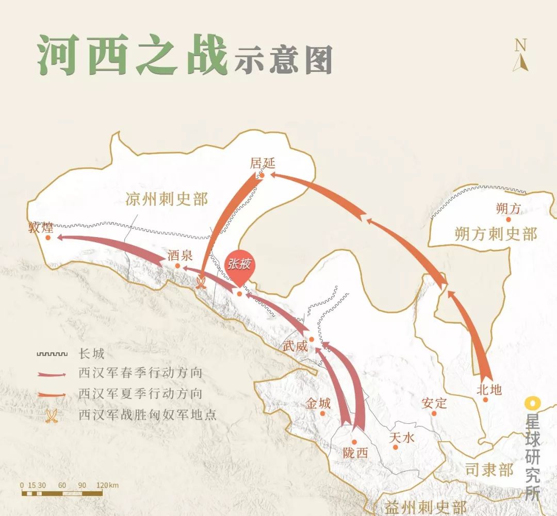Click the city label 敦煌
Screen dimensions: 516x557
(41, 227)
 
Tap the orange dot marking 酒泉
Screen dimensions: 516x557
(177, 266)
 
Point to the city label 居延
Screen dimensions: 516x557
(263, 163)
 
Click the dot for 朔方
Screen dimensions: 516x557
(508, 220)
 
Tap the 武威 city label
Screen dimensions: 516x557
(296, 346)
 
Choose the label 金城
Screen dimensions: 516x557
(318, 404)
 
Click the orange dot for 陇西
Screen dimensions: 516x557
(354, 442)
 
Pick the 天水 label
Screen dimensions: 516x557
(402, 438)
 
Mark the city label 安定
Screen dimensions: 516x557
(433, 403)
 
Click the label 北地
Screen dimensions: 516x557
(489, 389)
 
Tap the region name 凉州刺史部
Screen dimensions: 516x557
(167, 199)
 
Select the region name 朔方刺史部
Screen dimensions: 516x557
(496, 234)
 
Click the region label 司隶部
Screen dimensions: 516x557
(489, 470)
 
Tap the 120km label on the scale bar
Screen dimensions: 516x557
(107, 485)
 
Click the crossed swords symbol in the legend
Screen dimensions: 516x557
(51, 415)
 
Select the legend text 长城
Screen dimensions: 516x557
(91, 354)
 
